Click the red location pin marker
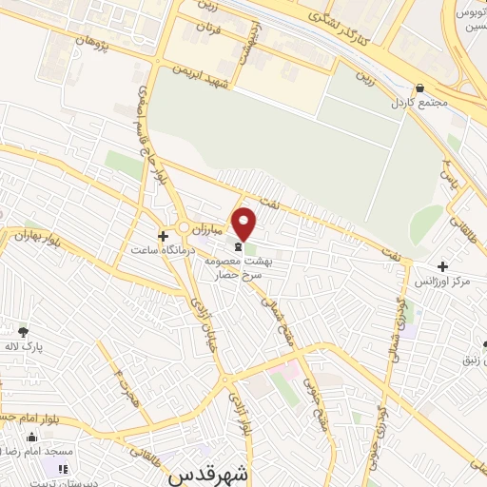pyautogui.click(x=244, y=224)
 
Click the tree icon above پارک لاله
pyautogui.click(x=23, y=332)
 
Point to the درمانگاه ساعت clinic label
pyautogui.click(x=163, y=249)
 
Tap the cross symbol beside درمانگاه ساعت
pyautogui.click(x=163, y=233)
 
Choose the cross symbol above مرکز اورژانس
pyautogui.click(x=441, y=267)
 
